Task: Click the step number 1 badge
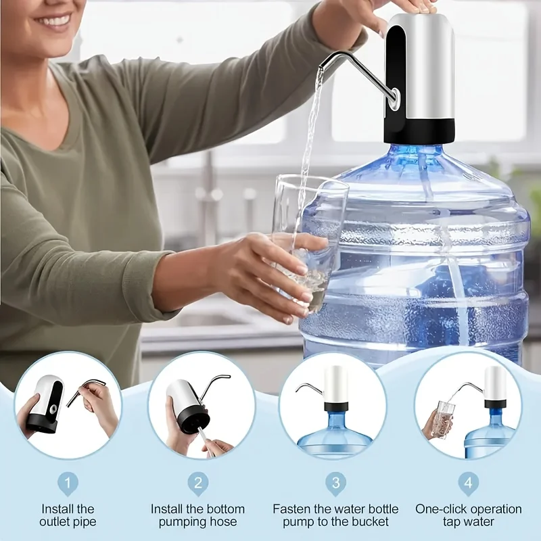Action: pyautogui.click(x=67, y=484)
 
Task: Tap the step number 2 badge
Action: pyautogui.click(x=198, y=484)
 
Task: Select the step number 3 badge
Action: pyautogui.click(x=335, y=484)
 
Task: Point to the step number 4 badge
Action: pyautogui.click(x=468, y=484)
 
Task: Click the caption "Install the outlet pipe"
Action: pyautogui.click(x=68, y=515)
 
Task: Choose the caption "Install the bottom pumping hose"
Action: pyautogui.click(x=198, y=515)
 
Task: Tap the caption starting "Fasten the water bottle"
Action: pyautogui.click(x=335, y=515)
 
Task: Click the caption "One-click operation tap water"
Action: pyautogui.click(x=468, y=515)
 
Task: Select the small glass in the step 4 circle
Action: pyautogui.click(x=444, y=419)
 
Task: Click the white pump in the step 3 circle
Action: pyautogui.click(x=335, y=385)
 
